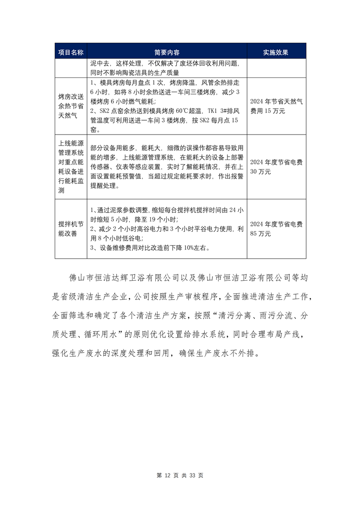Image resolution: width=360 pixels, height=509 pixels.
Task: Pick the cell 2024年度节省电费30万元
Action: pyautogui.click(x=276, y=167)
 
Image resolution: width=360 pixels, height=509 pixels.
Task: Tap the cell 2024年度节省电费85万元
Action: pyautogui.click(x=276, y=229)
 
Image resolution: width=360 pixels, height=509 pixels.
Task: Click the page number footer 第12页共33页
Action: pyautogui.click(x=180, y=475)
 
